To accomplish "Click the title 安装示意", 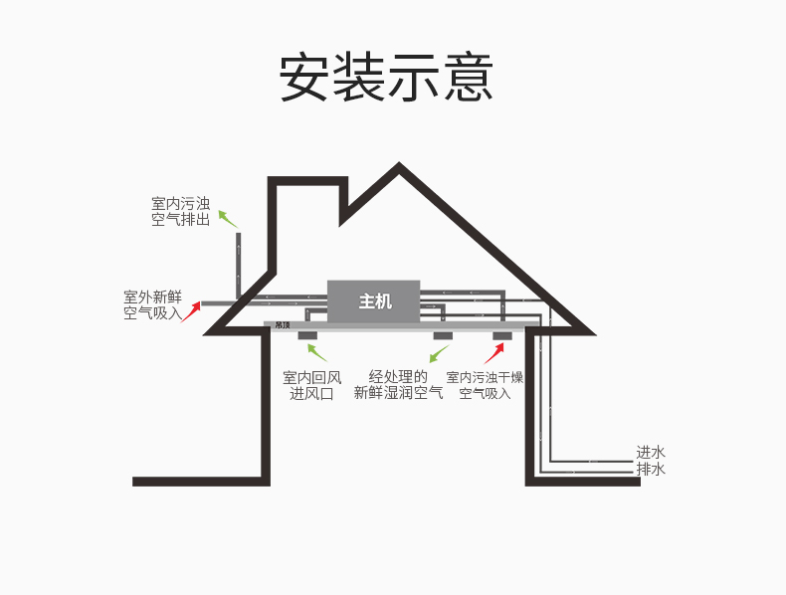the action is [x=386, y=77].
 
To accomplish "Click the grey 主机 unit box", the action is [x=375, y=301].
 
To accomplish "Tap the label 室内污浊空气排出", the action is [x=180, y=212].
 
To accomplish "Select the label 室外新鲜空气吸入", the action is [x=152, y=304].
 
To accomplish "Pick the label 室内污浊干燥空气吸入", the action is [x=485, y=385].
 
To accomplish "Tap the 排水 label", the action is [x=651, y=469].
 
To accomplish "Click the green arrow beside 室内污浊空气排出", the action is [x=228, y=219].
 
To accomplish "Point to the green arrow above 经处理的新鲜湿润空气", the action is [x=439, y=351].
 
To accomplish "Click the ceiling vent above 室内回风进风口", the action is [x=307, y=335].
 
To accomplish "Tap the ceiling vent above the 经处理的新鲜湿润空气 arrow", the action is [x=443, y=335].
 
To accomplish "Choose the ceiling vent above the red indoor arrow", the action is [x=502, y=335].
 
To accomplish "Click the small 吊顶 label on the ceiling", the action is [x=283, y=325].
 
